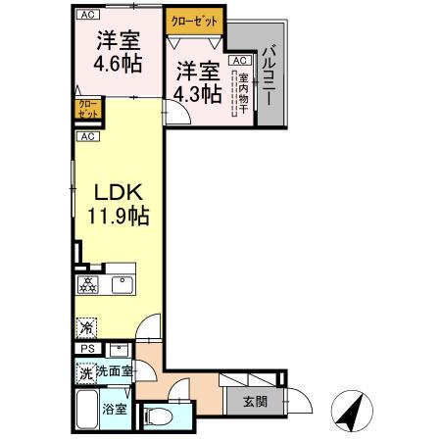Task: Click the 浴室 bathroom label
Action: pos(115,408)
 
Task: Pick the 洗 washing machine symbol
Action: pos(85,371)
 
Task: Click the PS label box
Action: pos(85,349)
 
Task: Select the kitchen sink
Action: pos(122,285)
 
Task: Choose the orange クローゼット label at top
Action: pos(195,19)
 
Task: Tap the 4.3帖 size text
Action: pos(196,94)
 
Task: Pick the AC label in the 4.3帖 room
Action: pos(238,61)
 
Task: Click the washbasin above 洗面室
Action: pos(120,348)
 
